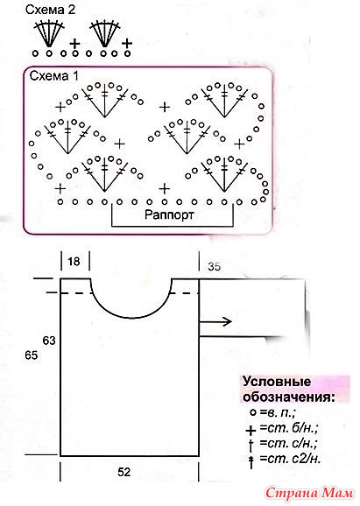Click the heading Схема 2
click(51, 10)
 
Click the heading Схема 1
click(54, 76)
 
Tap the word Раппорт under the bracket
click(169, 214)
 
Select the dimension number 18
click(74, 261)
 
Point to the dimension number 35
click(215, 266)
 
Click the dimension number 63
click(49, 341)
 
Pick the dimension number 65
click(32, 355)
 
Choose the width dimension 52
click(124, 472)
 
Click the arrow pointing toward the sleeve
click(215, 321)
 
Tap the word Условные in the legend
click(277, 382)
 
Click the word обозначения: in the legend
click(289, 397)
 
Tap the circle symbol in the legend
click(253, 412)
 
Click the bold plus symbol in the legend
click(251, 430)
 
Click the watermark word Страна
click(292, 493)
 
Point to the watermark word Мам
click(338, 493)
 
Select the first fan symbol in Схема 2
click(48, 34)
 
